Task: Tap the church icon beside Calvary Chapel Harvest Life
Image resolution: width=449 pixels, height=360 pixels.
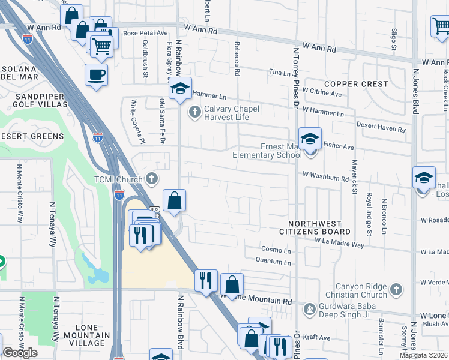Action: click(x=194, y=112)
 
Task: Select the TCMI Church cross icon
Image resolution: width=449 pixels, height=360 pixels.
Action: click(x=152, y=179)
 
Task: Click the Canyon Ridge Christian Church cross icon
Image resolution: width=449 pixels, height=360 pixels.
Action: click(x=395, y=290)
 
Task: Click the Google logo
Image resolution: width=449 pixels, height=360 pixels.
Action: click(x=20, y=353)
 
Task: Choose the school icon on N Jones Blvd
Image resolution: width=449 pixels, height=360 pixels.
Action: click(x=424, y=178)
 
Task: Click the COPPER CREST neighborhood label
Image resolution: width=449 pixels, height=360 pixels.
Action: click(x=356, y=84)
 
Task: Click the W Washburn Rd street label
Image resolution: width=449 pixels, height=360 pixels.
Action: click(x=325, y=178)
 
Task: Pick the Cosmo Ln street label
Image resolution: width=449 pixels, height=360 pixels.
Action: click(x=276, y=249)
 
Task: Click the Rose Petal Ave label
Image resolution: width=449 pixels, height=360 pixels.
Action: click(x=145, y=34)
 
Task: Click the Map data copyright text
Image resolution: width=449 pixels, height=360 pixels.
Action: click(x=424, y=355)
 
